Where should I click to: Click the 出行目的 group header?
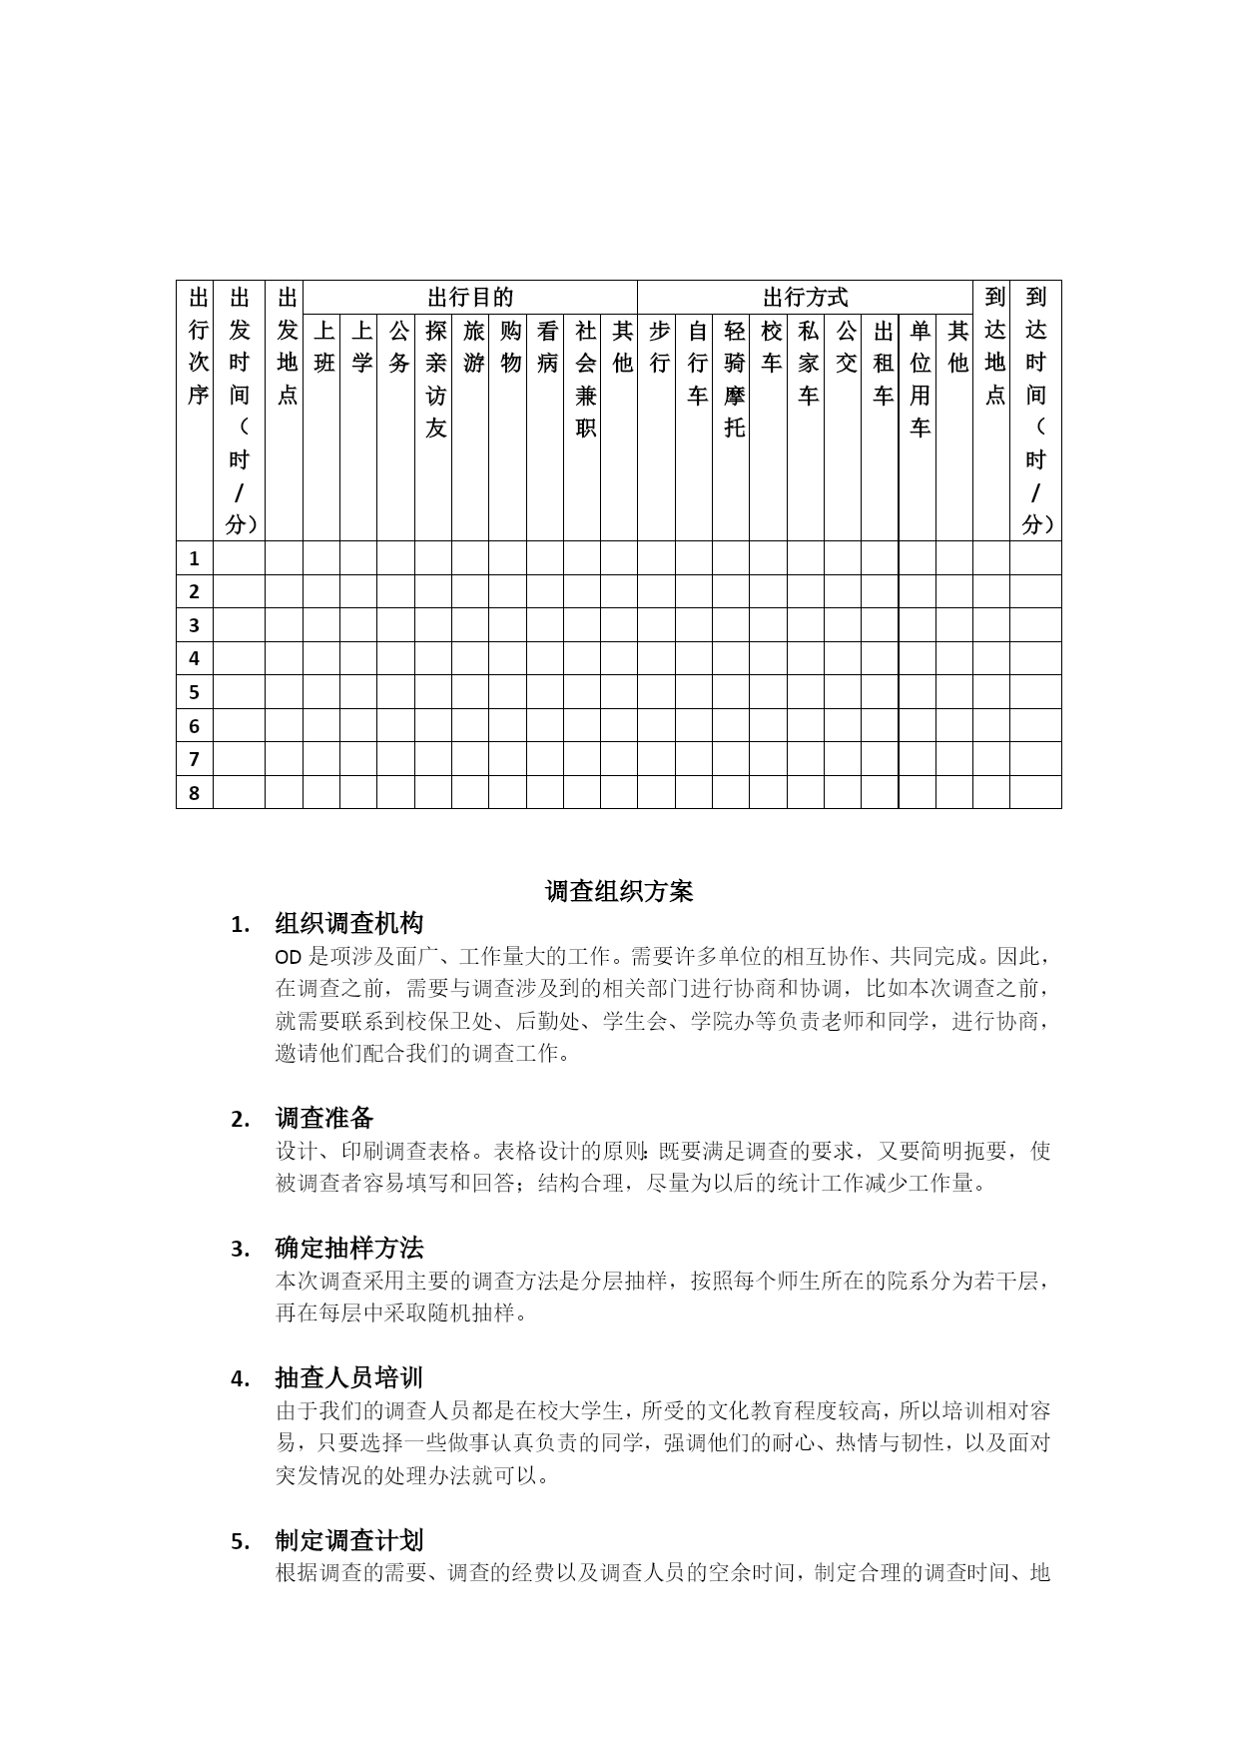pos(470,298)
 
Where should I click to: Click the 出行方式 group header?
pos(805,298)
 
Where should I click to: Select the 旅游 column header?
pos(473,347)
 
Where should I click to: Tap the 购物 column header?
pos(510,347)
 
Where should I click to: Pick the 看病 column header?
pos(547,347)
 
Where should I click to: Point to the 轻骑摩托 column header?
pos(734,379)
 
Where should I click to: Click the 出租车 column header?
pos(883,363)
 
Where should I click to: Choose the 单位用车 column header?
pos(920,379)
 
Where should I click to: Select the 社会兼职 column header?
pos(585,379)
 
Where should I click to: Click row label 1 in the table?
pos(195,558)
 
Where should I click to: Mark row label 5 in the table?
pos(195,692)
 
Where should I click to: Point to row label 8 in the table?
pos(195,793)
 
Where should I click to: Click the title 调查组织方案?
pos(619,891)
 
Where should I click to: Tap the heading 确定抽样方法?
pos(349,1248)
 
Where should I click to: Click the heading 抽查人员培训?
pos(349,1378)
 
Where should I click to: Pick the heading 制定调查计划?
pos(349,1540)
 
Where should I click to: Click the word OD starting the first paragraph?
pos(288,957)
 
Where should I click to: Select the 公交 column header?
pos(846,347)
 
